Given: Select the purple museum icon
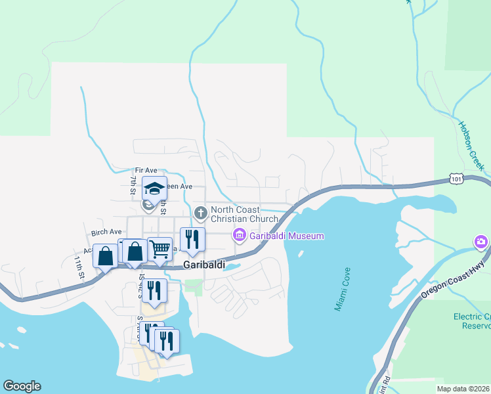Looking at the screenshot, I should point(240,235).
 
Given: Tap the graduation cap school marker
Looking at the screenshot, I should point(154,189).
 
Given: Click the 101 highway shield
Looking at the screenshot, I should point(456,178).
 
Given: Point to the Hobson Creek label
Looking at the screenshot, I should point(470,144).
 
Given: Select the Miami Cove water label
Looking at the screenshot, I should point(343,289).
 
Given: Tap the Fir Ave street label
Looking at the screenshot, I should point(147,170).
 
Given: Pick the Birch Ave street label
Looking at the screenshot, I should point(106,232).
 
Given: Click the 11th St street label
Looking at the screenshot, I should point(79,269).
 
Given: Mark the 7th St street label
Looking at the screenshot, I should point(133,185).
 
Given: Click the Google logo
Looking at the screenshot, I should point(22,386).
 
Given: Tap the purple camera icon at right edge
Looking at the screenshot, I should point(482,243).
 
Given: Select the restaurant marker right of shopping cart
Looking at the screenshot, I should point(192,239).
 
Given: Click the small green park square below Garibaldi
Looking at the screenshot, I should point(193,286).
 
